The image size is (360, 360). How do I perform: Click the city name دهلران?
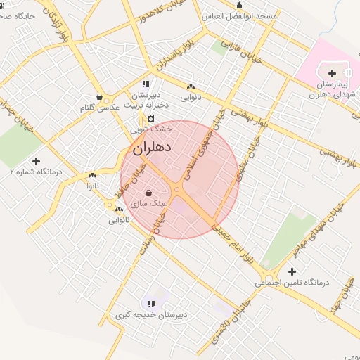tap(152, 148)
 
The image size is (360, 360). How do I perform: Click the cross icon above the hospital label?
tap(333, 72)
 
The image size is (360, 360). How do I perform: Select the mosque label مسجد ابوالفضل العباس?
tap(247, 15)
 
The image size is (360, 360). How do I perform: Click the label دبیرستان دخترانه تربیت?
tap(147, 99)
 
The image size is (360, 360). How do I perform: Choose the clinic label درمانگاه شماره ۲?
tap(36, 171)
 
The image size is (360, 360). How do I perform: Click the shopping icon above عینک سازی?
tap(149, 193)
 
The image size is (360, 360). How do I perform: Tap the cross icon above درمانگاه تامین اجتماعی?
tap(292, 271)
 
